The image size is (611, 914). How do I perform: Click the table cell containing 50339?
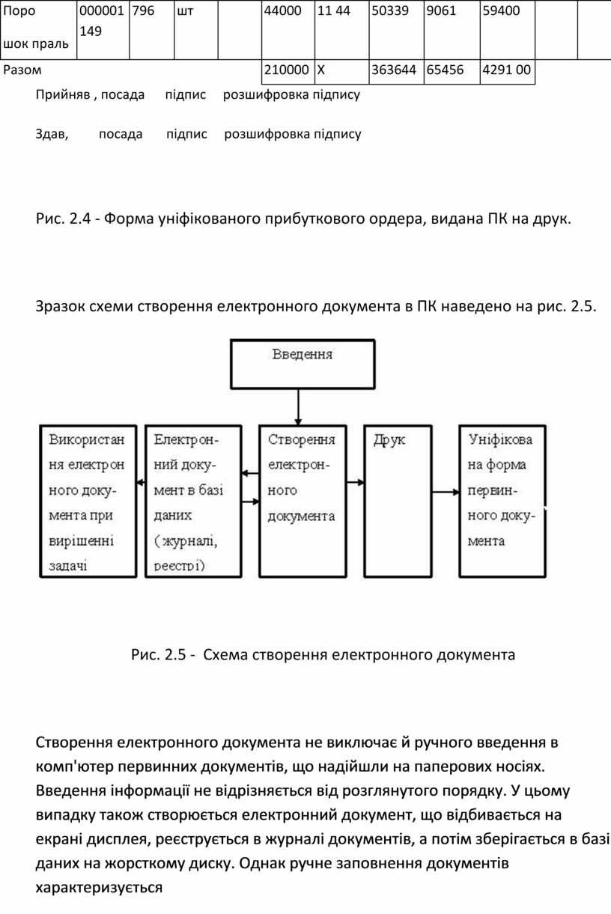(396, 30)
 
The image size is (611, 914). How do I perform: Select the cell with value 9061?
(452, 30)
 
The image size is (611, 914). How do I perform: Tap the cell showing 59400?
(508, 30)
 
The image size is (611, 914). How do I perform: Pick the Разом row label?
(22, 70)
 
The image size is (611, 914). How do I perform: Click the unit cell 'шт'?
(196, 30)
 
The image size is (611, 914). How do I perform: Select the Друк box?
(398, 501)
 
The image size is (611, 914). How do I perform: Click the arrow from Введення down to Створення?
(298, 406)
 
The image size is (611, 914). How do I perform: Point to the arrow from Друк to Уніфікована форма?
(446, 492)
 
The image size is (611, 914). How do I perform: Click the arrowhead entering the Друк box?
(361, 482)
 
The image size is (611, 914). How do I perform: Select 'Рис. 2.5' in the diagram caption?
(158, 654)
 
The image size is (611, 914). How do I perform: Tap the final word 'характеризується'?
(99, 888)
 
